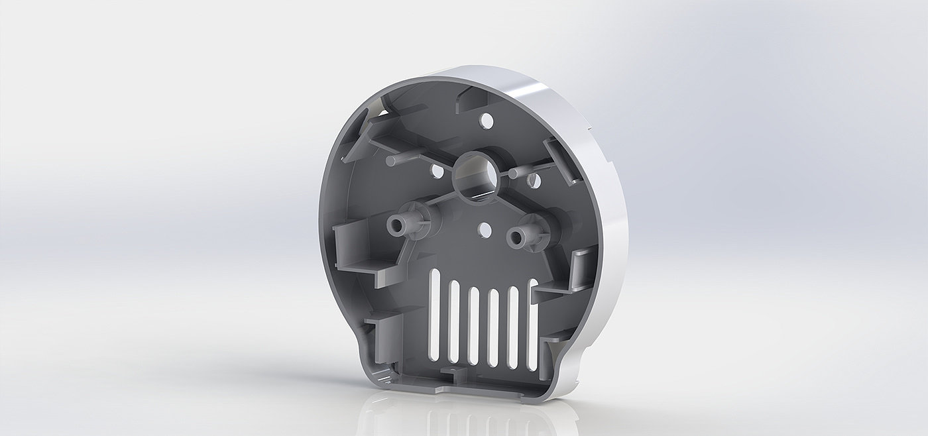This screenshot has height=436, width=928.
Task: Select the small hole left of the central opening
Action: [x=437, y=171]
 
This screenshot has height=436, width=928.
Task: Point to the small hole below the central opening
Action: [x=485, y=230]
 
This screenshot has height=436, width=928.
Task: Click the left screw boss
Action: [x=398, y=225]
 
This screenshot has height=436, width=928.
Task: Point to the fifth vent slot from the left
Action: [x=512, y=327]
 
